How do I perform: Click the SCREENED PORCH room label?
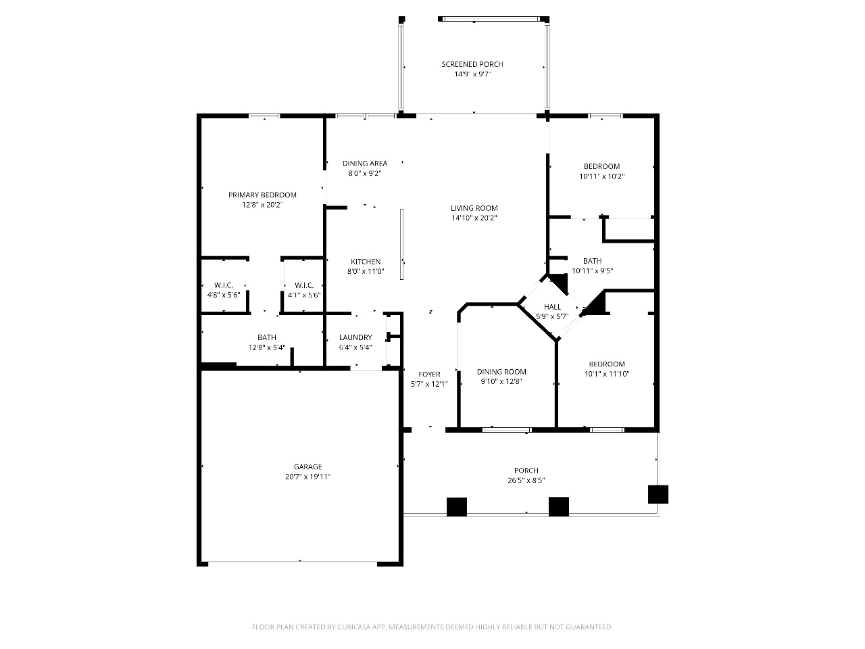coord(472,64)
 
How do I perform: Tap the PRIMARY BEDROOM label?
coord(262,195)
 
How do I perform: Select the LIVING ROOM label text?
coord(474,208)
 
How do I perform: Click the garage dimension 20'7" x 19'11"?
coord(307,477)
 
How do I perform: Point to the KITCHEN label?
coord(366,262)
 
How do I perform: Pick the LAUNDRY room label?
coord(355,337)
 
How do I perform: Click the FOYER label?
coord(429,375)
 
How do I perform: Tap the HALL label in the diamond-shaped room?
coord(553,306)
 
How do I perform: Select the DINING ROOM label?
coord(501,372)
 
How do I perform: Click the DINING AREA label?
coord(365,163)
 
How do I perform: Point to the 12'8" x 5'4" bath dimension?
coord(267,347)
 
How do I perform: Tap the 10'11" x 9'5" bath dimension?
coord(592,270)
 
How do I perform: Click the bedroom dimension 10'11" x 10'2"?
coord(601,176)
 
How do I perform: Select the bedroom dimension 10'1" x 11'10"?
coord(607,374)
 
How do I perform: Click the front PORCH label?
coord(526,471)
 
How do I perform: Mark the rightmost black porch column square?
coord(658,494)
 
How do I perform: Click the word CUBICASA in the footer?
coord(354,627)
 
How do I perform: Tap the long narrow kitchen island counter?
coord(402,244)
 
